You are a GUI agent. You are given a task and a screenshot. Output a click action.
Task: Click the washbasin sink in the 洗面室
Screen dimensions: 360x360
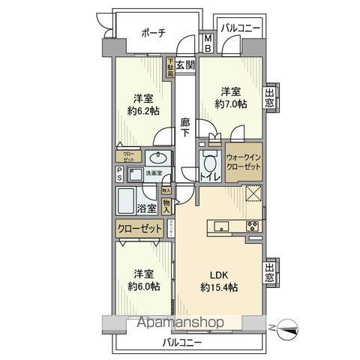tap(157, 158)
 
